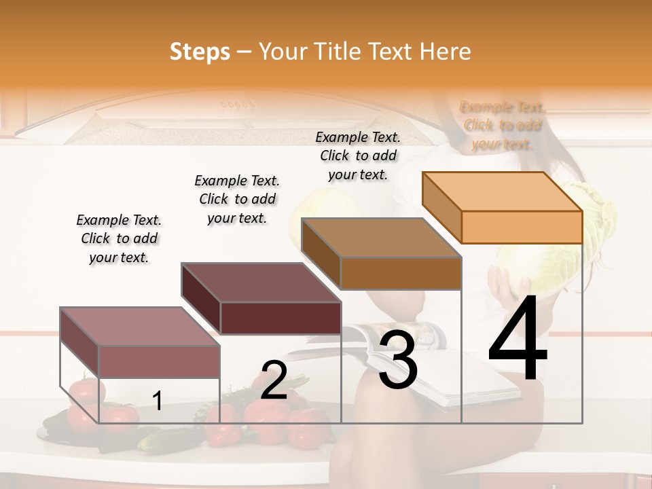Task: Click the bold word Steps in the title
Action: (200, 52)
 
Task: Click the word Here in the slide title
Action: (445, 52)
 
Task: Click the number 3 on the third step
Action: (398, 359)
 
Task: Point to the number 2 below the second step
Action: (274, 380)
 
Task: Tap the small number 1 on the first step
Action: (158, 401)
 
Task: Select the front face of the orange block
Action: (522, 227)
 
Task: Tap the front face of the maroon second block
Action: (281, 318)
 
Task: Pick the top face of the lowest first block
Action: (140, 326)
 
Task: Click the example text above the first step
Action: (119, 238)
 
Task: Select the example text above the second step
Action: (237, 199)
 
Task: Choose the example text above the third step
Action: (358, 156)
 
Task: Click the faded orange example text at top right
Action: (503, 126)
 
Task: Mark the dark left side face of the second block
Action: (201, 299)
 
